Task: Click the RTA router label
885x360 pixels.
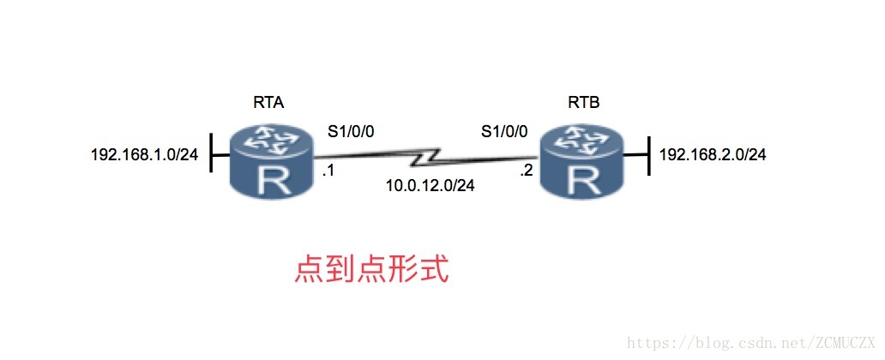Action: click(268, 103)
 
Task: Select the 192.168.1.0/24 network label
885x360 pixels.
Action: click(145, 155)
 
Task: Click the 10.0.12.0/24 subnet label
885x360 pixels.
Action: click(430, 183)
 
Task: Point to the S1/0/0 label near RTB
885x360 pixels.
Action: click(504, 132)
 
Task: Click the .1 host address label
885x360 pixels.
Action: click(327, 171)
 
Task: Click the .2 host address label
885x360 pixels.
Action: click(526, 171)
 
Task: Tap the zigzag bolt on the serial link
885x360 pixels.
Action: click(426, 159)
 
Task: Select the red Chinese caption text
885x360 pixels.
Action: click(371, 269)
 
